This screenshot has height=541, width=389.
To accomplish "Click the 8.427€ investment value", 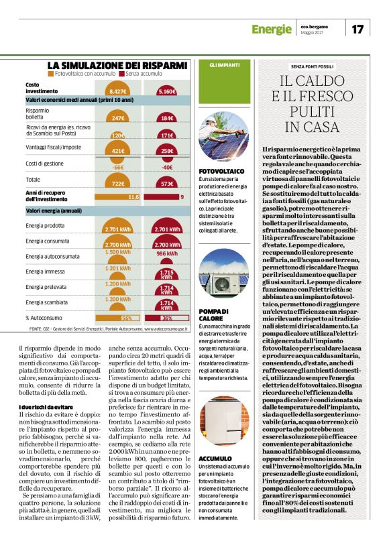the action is pos(118,91).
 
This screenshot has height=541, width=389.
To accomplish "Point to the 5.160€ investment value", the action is pos(167,91).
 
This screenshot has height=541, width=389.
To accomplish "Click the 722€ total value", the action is pos(118,183).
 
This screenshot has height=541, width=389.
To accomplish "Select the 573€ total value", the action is pos(167,183).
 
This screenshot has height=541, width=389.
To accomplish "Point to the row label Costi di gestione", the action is pos(46,163).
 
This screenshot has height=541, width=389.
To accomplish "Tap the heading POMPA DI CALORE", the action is pos(215,315).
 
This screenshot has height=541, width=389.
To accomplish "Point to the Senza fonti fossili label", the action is pos(311,67).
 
